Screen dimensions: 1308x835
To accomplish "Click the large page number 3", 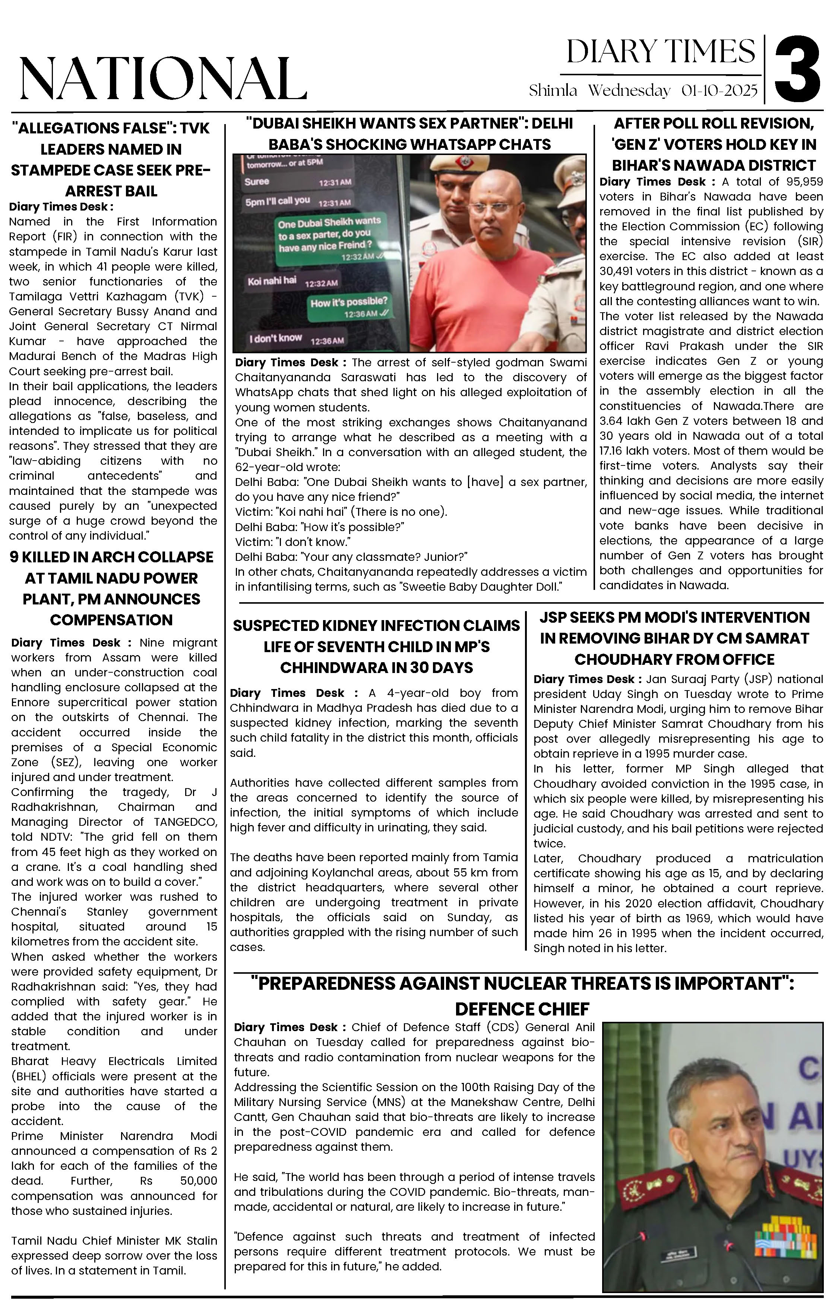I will (797, 69).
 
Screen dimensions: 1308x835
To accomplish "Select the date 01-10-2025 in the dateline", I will (719, 91).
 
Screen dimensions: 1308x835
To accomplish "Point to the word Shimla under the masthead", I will (553, 91).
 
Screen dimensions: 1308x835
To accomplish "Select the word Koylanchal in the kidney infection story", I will (328, 872).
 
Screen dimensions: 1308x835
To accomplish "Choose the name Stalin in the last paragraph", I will (198, 1241).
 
